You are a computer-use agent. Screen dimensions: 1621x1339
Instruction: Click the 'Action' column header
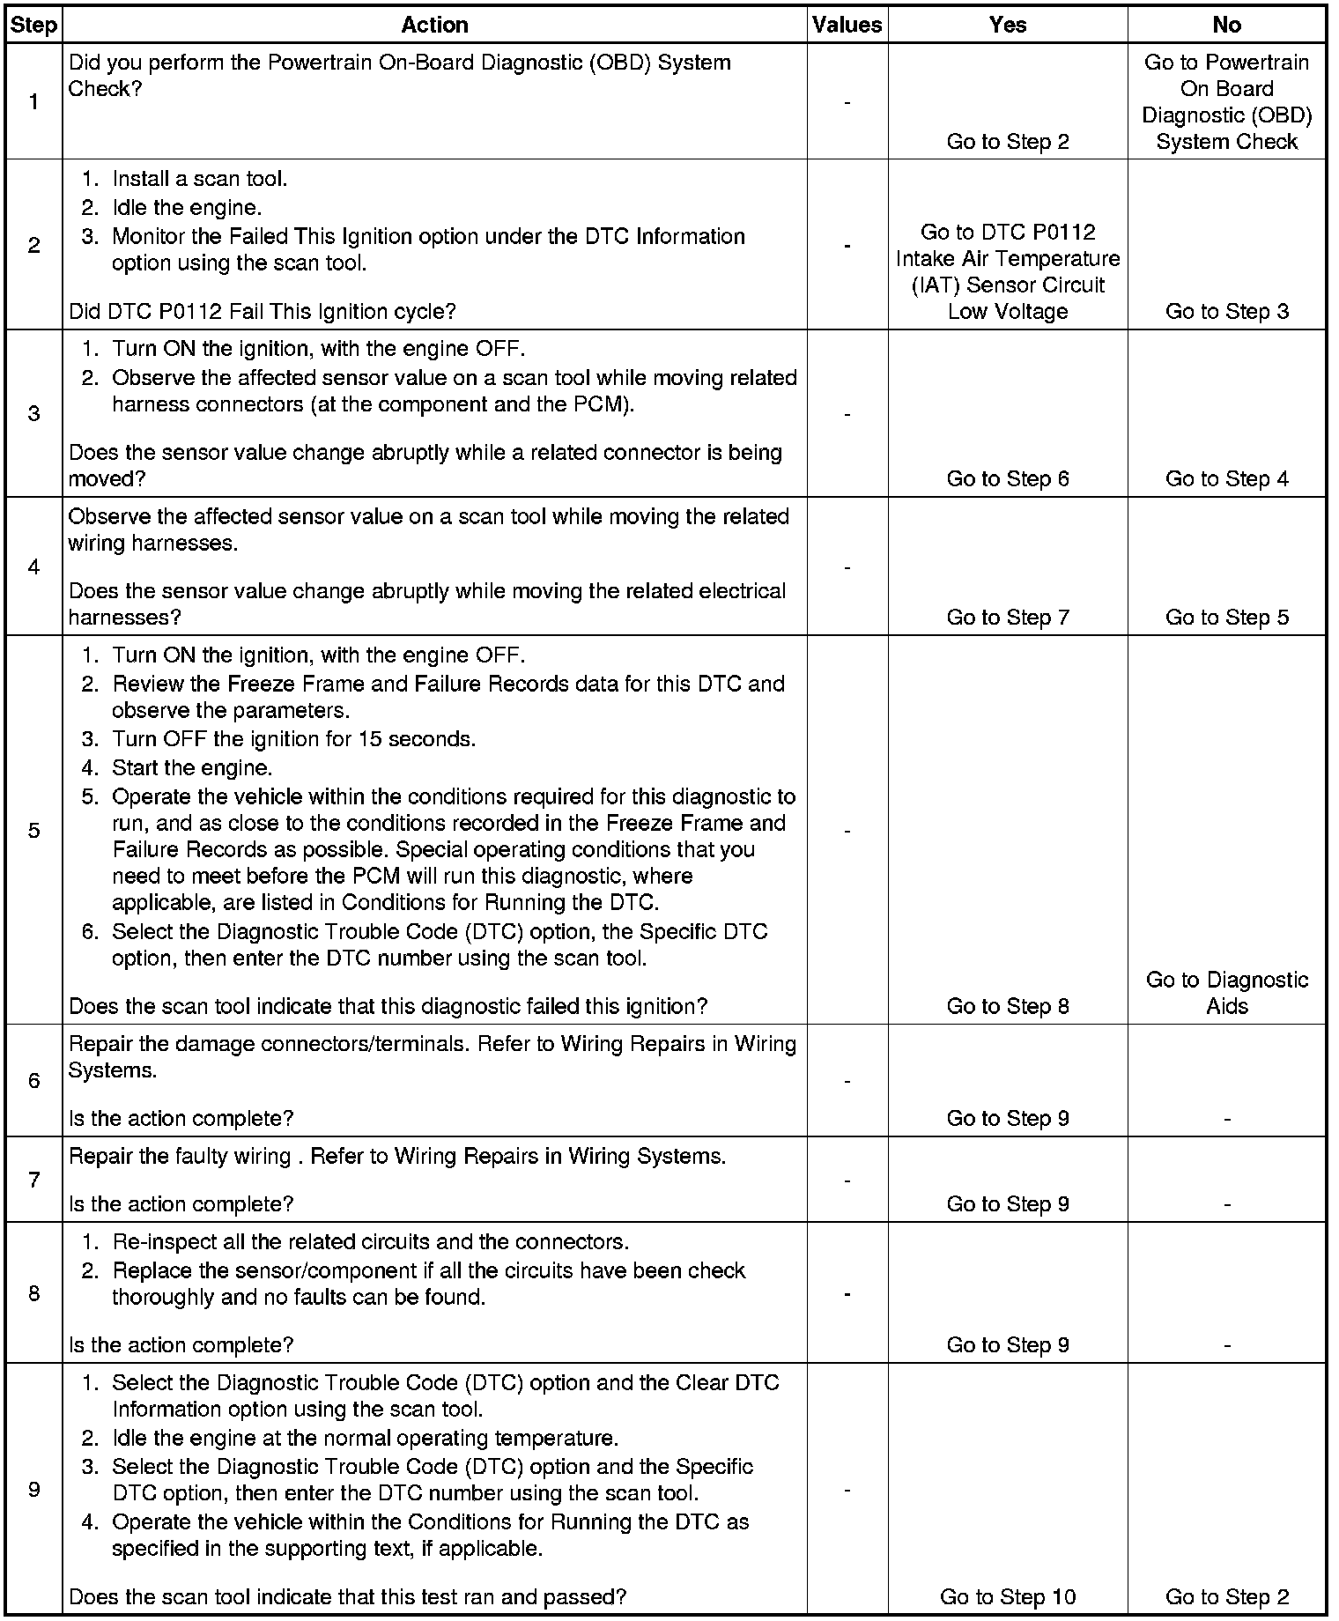tap(434, 25)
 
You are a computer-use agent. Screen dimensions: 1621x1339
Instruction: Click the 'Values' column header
tap(847, 25)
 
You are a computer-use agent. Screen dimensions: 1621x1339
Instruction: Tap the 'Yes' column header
tap(1007, 25)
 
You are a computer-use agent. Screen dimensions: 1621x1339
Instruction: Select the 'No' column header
tap(1226, 25)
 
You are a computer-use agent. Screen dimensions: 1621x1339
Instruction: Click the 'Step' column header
tap(33, 25)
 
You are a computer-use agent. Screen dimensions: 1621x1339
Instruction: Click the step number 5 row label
tap(33, 830)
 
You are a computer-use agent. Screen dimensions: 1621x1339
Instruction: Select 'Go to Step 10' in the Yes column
tap(1007, 1596)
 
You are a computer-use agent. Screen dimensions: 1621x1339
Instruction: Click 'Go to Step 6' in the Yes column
tap(1007, 478)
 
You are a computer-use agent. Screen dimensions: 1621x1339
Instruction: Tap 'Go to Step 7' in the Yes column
tap(1007, 618)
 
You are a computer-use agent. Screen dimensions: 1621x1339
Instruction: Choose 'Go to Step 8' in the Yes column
tap(1007, 1006)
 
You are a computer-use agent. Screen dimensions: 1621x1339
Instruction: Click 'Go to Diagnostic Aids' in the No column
tap(1226, 993)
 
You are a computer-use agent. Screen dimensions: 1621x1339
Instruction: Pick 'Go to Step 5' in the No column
tap(1226, 618)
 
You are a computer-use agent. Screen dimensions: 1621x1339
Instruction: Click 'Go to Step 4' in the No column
tap(1226, 478)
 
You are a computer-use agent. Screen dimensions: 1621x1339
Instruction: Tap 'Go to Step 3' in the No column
tap(1226, 311)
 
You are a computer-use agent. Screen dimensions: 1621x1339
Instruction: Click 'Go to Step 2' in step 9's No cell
tap(1226, 1596)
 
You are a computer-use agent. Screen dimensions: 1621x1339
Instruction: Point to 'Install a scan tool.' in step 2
tap(199, 179)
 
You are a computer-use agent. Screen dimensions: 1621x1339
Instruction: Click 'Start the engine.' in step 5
tap(192, 767)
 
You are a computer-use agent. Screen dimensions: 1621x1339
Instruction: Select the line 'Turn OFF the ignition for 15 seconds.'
tap(293, 738)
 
